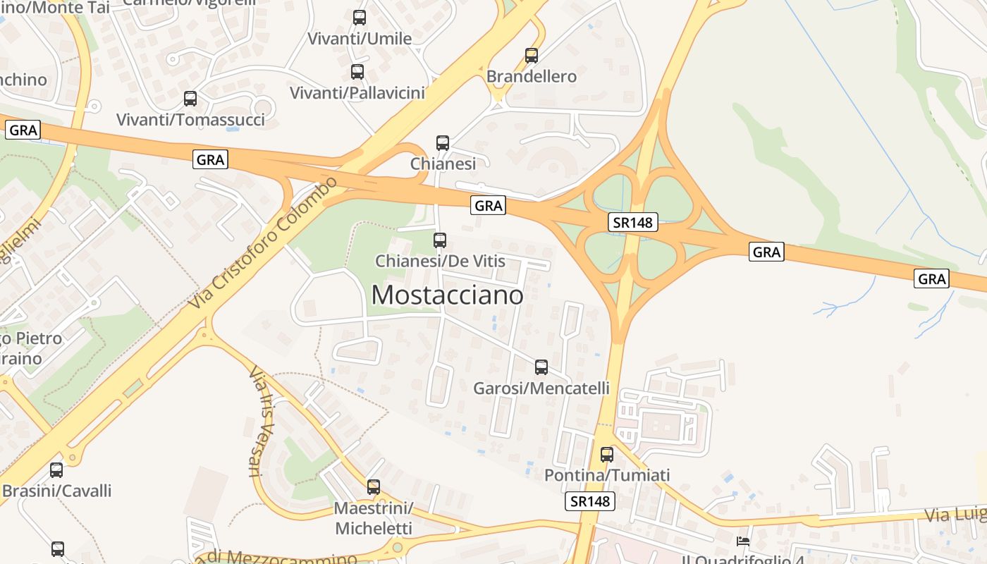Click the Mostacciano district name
(x=447, y=295)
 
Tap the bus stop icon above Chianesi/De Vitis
(x=440, y=240)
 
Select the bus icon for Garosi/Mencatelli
(x=541, y=367)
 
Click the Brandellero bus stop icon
(x=532, y=55)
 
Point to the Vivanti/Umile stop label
(x=360, y=39)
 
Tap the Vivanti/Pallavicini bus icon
(x=357, y=72)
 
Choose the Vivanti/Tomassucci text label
(x=190, y=120)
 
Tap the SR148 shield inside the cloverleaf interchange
(x=632, y=223)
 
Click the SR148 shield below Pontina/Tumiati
(x=590, y=501)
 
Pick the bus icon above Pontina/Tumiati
(x=607, y=455)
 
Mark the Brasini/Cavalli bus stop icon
(x=56, y=470)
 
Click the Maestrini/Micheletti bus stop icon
(x=374, y=486)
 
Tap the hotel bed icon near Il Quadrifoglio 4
(x=743, y=541)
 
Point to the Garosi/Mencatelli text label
(x=541, y=388)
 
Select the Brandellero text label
(x=532, y=76)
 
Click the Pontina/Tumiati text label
(x=607, y=476)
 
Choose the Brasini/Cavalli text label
(x=56, y=491)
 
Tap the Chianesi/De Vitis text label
(x=440, y=262)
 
